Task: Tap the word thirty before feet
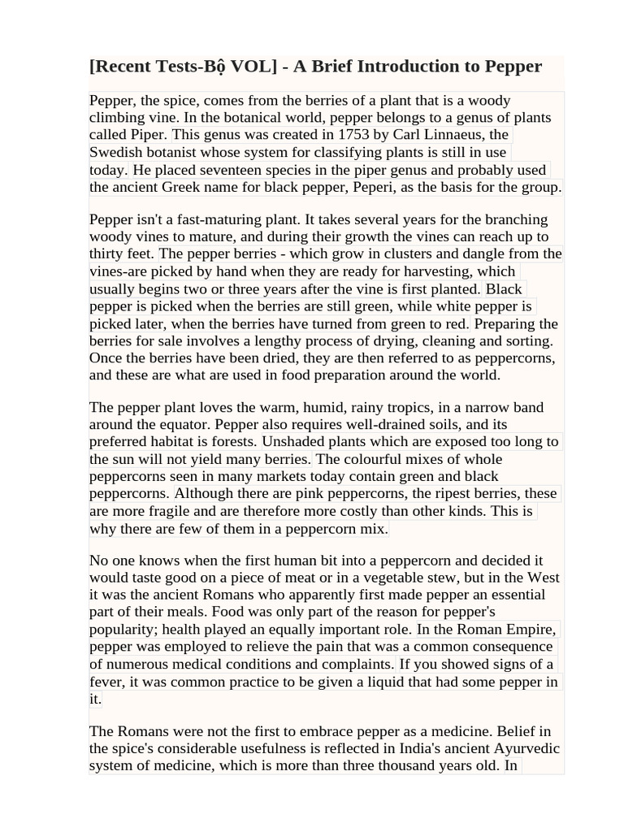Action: tap(107, 253)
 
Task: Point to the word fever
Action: tap(107, 682)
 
